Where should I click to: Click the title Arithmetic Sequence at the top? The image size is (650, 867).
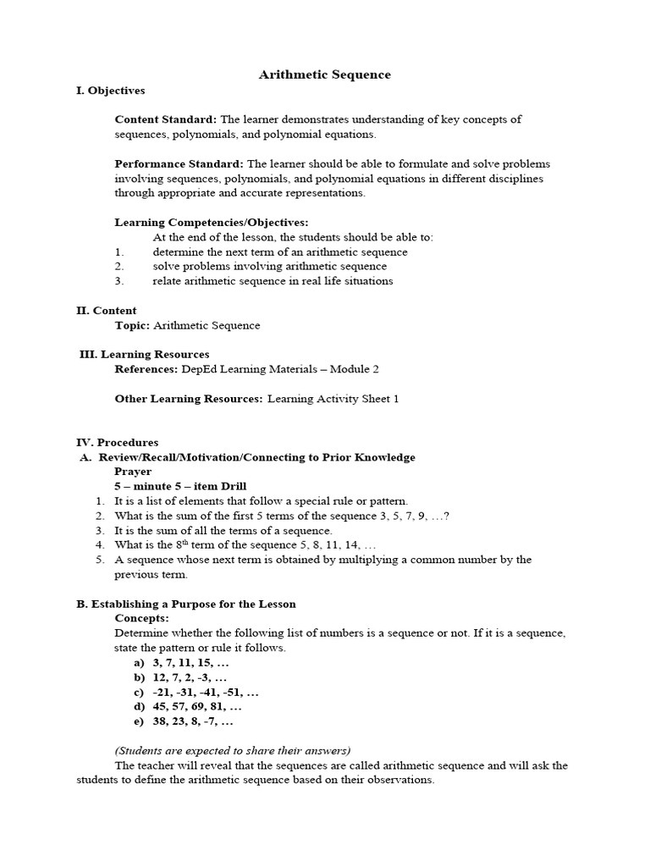324,75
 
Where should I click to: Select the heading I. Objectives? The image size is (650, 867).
110,91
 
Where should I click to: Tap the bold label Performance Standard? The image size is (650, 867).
179,163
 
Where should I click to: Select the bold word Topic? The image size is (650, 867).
132,325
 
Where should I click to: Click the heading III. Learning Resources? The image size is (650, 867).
144,355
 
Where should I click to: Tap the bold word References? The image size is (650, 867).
146,369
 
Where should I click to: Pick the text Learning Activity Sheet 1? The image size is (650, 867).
333,399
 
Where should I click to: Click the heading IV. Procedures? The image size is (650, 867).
117,443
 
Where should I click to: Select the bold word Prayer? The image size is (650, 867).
133,472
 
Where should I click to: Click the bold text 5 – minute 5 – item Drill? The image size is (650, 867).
180,486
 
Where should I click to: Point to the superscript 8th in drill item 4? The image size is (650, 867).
179,543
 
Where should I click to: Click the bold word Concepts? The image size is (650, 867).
141,618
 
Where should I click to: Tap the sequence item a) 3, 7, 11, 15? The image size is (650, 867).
179,663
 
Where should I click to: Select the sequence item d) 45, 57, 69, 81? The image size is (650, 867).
186,706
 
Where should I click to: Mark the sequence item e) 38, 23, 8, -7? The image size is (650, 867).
182,721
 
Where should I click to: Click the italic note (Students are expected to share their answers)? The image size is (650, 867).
232,750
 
